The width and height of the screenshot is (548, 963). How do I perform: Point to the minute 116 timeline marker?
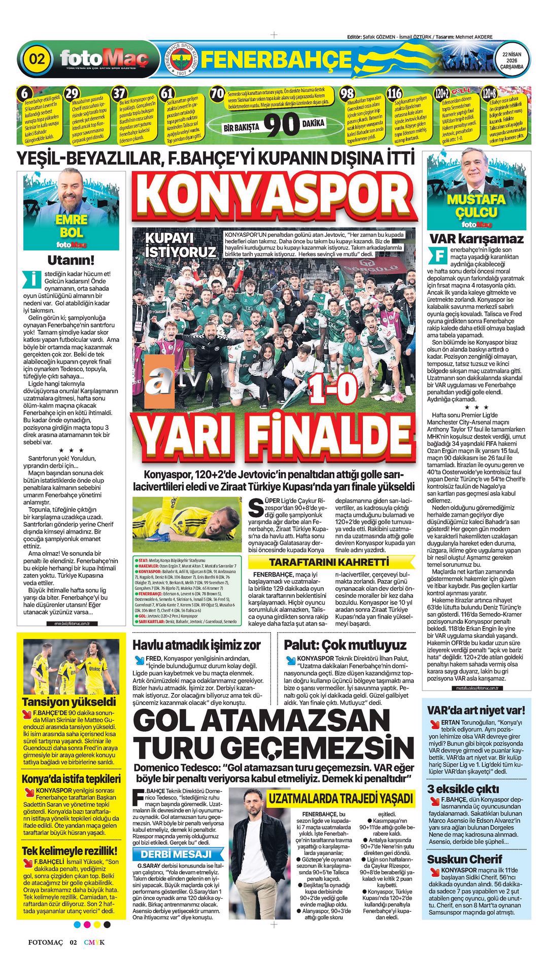tap(394, 94)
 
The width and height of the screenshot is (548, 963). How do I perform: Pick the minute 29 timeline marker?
tap(73, 93)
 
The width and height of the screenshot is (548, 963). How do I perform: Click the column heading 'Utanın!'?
tap(71, 261)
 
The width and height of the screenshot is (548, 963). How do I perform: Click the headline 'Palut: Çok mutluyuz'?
tap(345, 645)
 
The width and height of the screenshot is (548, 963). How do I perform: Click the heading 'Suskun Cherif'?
tap(464, 859)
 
